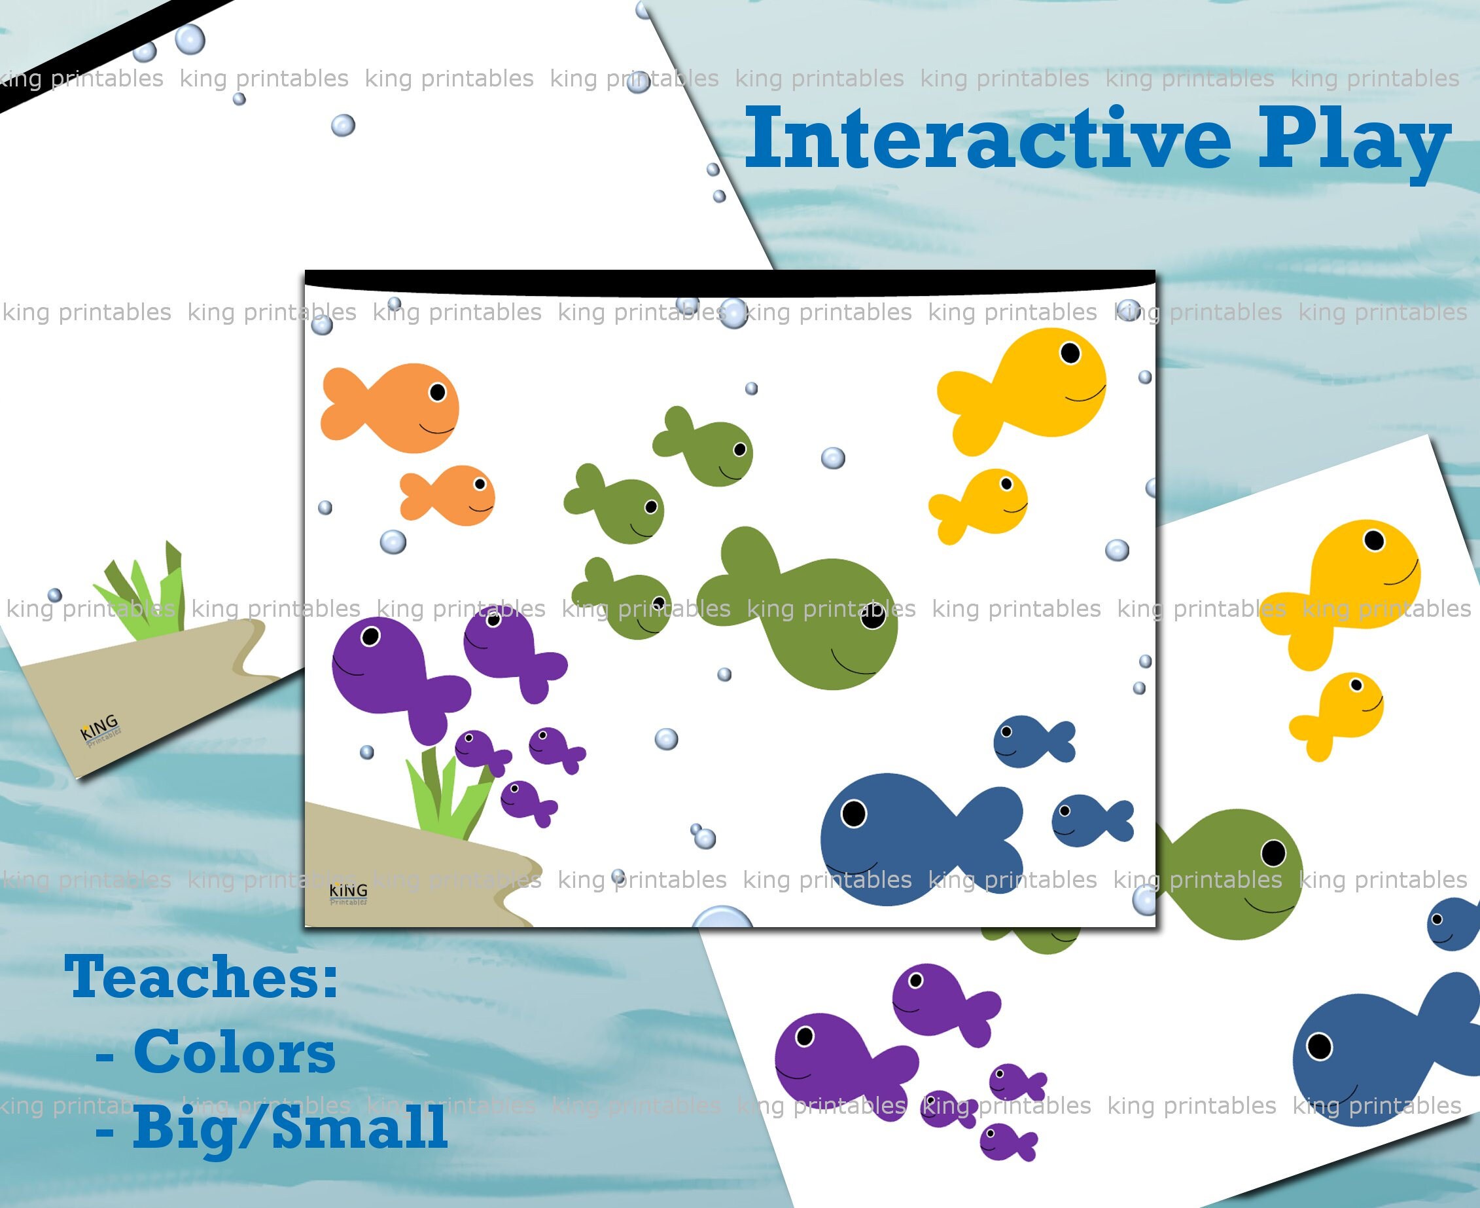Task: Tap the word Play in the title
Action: [x=1352, y=143]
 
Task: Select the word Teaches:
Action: [x=202, y=978]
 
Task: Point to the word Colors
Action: [x=234, y=1053]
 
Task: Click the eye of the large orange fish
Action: [x=438, y=392]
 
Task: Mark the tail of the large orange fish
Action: [x=342, y=403]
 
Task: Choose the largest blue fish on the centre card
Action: [x=904, y=839]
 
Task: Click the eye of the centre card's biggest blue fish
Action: [x=854, y=813]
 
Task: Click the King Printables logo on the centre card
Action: [x=347, y=894]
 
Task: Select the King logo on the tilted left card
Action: [x=100, y=729]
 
